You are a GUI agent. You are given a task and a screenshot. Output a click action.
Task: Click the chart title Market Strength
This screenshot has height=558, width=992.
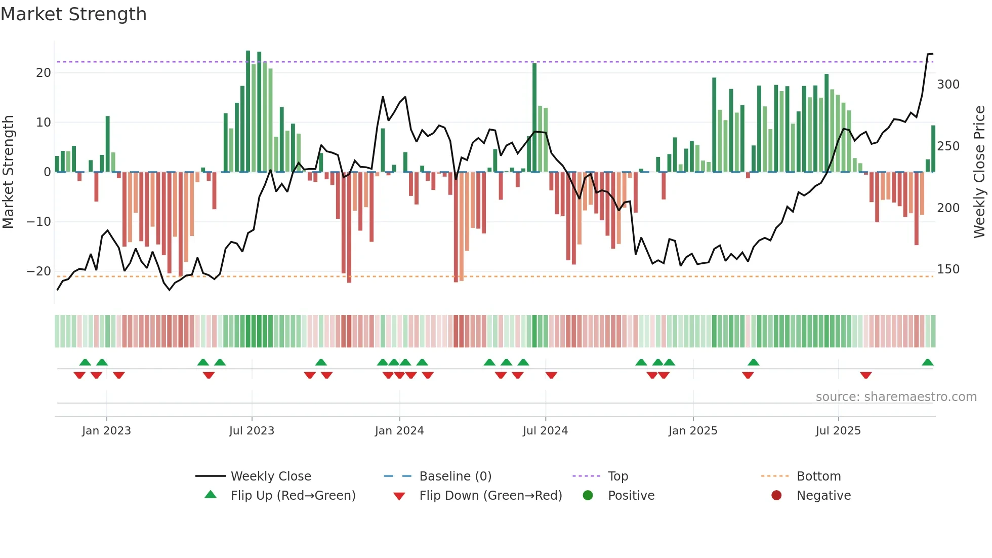pyautogui.click(x=73, y=14)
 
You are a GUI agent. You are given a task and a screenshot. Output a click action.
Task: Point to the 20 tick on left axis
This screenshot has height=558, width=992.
pyautogui.click(x=44, y=72)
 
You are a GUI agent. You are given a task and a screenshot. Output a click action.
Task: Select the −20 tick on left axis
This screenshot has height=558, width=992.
pyautogui.click(x=39, y=271)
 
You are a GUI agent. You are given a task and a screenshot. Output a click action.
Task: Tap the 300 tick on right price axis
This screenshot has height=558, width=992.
pyautogui.click(x=948, y=84)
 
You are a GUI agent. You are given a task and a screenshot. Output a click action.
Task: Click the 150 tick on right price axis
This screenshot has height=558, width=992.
pyautogui.click(x=948, y=269)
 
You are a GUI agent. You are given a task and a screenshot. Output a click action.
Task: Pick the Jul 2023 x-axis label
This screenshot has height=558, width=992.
pyautogui.click(x=252, y=431)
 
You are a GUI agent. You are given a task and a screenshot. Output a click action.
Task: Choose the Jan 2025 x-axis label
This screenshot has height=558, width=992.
pyautogui.click(x=693, y=431)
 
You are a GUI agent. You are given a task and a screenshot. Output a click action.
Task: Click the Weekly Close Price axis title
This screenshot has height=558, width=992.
pyautogui.click(x=979, y=172)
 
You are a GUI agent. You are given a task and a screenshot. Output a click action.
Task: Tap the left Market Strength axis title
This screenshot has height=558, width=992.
pyautogui.click(x=8, y=172)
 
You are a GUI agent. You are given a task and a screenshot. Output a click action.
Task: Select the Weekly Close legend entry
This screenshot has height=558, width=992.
pyautogui.click(x=271, y=476)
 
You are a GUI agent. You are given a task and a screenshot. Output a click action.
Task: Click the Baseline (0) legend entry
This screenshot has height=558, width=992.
pyautogui.click(x=455, y=476)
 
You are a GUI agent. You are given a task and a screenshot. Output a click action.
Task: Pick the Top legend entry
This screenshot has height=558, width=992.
pyautogui.click(x=617, y=476)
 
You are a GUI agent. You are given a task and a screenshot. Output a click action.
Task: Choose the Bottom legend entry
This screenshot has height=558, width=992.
pyautogui.click(x=818, y=476)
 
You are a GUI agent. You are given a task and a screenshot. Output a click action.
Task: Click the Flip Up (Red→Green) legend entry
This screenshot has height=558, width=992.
pyautogui.click(x=293, y=496)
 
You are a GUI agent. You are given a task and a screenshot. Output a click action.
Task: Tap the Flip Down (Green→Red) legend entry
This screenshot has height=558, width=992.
pyautogui.click(x=490, y=496)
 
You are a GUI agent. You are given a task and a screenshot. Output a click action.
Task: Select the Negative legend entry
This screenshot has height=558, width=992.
pyautogui.click(x=823, y=496)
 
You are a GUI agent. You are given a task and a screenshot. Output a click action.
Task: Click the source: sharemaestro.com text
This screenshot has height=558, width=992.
pyautogui.click(x=896, y=397)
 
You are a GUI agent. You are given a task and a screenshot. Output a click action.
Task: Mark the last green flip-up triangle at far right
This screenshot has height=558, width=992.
pyautogui.click(x=927, y=363)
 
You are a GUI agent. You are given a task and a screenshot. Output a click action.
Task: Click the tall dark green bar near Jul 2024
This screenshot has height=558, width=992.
pyautogui.click(x=534, y=117)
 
